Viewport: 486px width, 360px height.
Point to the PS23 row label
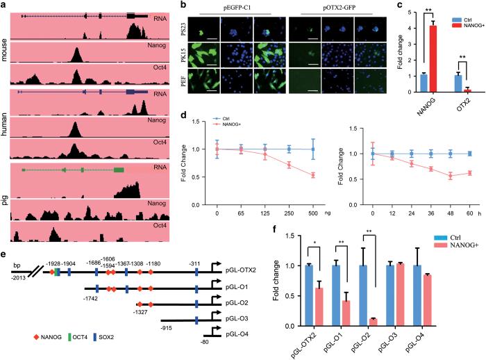[190, 30]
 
